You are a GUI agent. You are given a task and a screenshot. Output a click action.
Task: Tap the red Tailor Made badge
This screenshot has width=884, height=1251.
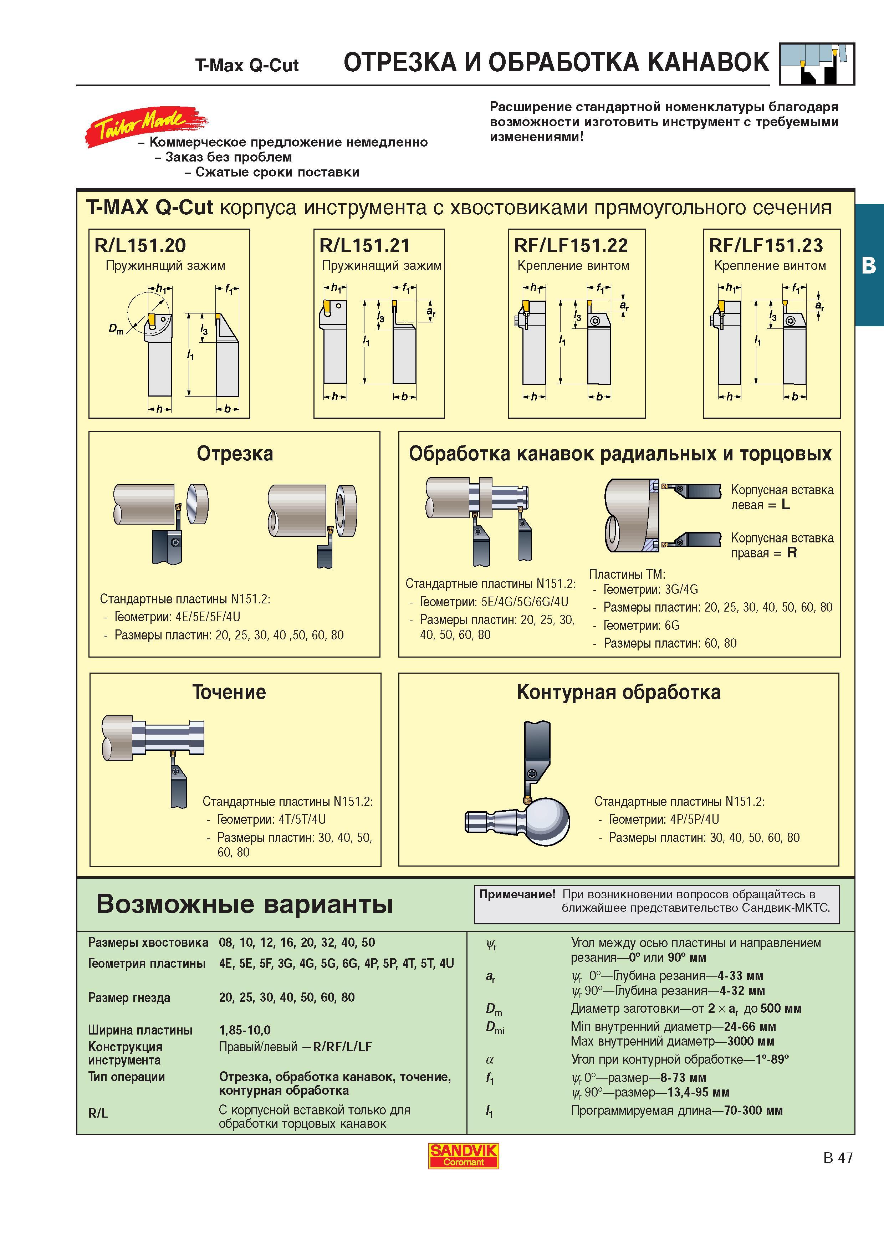(146, 125)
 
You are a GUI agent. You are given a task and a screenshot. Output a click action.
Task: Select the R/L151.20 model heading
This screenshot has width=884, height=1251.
(140, 246)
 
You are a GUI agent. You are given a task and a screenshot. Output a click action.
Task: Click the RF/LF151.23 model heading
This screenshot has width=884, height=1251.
(766, 246)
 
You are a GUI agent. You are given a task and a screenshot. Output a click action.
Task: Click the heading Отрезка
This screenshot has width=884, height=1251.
(235, 453)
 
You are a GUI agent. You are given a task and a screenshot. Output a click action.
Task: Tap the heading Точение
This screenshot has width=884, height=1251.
(229, 692)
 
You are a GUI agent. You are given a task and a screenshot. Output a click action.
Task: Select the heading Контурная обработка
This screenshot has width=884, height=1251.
(619, 692)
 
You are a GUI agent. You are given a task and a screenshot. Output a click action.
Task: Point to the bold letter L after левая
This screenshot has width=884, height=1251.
(786, 505)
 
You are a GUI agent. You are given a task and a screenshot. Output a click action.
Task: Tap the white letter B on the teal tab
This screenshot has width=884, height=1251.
(869, 265)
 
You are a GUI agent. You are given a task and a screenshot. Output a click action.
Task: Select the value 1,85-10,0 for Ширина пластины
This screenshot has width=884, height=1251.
(245, 1030)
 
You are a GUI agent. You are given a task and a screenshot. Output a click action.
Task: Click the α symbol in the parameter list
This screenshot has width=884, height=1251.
(489, 1060)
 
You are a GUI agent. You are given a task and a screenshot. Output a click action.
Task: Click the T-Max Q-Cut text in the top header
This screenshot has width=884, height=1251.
(247, 65)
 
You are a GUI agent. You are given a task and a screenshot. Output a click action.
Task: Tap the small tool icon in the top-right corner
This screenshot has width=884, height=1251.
(817, 64)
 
